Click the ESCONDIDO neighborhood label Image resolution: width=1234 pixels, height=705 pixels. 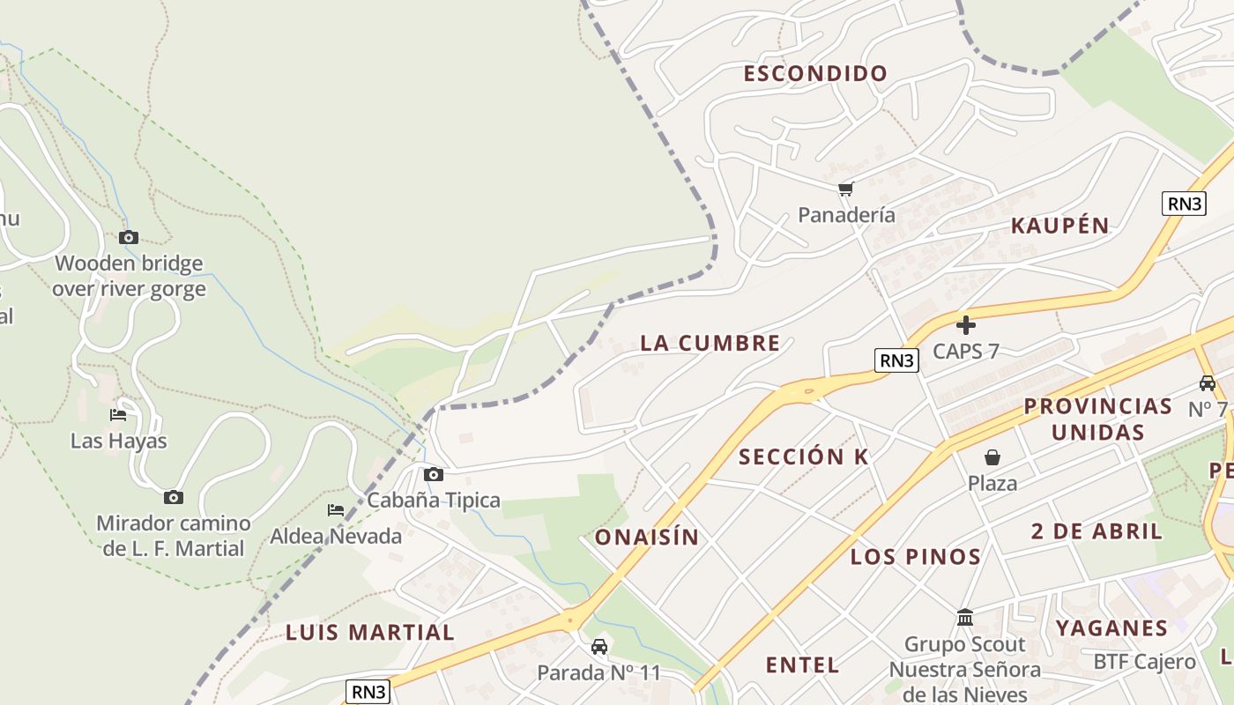[x=815, y=73]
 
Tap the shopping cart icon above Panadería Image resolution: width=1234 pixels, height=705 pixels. [x=846, y=189]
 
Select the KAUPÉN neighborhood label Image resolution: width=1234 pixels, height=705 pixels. [x=1059, y=226]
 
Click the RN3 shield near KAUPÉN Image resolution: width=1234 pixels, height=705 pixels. [x=1184, y=204]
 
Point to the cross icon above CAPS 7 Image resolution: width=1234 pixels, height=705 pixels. [x=966, y=325]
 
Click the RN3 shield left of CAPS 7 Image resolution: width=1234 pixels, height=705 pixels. [x=897, y=360]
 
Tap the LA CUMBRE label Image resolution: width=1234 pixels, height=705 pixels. [x=710, y=343]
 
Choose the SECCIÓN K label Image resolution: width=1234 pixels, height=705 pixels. [x=804, y=456]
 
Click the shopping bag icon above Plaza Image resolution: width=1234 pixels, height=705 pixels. [x=992, y=457]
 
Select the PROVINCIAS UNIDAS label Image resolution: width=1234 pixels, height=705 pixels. [x=1097, y=419]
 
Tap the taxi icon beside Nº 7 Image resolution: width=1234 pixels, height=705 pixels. [x=1208, y=383]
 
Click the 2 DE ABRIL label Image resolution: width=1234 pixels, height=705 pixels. [x=1096, y=531]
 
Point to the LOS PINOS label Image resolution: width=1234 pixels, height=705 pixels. [x=916, y=557]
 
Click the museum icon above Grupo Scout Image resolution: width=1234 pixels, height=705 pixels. [x=965, y=618]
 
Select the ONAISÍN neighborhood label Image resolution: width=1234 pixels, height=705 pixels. [x=647, y=538]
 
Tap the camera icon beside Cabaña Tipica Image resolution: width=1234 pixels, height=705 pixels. [x=434, y=475]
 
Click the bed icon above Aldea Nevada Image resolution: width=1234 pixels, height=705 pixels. [x=336, y=510]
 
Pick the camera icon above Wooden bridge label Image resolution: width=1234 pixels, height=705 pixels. [x=129, y=238]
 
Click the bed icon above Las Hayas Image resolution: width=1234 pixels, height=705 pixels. [x=118, y=415]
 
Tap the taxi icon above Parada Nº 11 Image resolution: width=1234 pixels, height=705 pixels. [x=599, y=647]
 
